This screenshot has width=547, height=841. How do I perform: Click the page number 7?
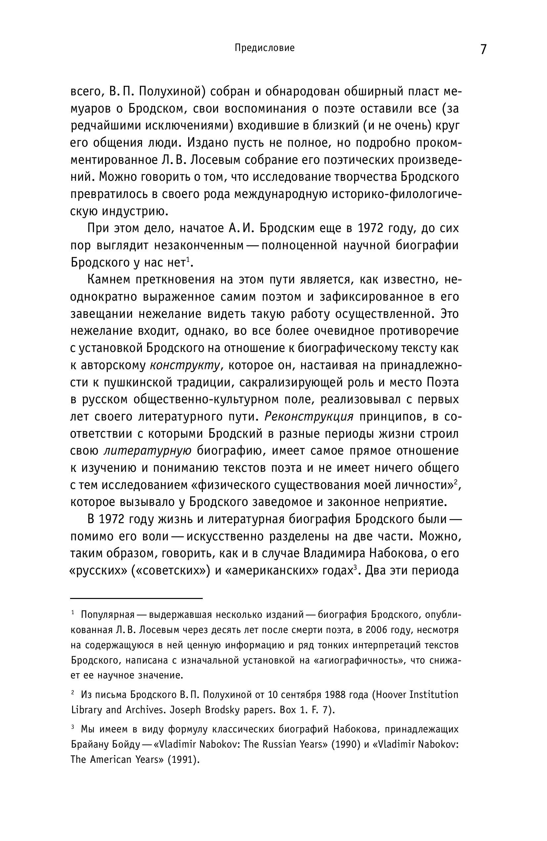tap(483, 49)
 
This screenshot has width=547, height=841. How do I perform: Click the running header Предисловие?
tap(264, 48)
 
